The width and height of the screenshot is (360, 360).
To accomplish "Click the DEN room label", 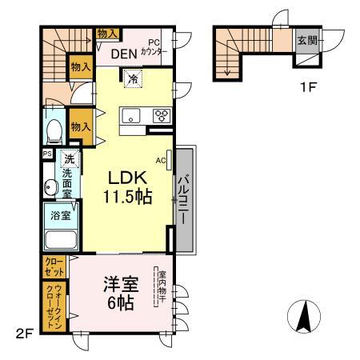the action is (x=124, y=54).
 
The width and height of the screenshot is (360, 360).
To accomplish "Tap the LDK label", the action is (x=127, y=178).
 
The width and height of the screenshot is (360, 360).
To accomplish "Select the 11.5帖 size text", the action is (x=128, y=197).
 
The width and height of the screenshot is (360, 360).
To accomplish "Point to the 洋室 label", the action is (x=122, y=285).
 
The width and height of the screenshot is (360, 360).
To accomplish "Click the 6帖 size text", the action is (x=121, y=303).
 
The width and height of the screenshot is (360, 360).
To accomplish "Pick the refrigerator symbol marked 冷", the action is (x=133, y=78).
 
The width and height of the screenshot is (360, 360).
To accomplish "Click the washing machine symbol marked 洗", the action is (x=70, y=159).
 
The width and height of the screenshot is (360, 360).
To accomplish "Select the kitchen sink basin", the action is (x=130, y=116).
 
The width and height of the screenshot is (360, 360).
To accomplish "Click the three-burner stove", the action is (x=162, y=116).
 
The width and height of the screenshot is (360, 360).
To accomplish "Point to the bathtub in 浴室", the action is (x=61, y=240).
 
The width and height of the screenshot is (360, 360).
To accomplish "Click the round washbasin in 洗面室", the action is (x=51, y=187).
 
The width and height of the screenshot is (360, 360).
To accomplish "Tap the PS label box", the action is (x=48, y=154).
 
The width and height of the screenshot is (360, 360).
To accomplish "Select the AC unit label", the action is (x=161, y=161).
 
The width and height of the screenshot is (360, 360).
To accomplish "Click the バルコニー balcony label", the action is (x=184, y=199).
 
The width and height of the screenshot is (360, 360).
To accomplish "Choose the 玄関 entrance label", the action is (x=307, y=41).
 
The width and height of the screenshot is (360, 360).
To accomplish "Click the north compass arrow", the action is (x=304, y=317).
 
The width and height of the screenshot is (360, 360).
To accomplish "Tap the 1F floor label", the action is (x=308, y=87).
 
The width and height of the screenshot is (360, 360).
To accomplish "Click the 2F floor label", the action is (x=24, y=334).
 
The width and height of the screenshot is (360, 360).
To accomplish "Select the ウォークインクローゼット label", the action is (x=54, y=306).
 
